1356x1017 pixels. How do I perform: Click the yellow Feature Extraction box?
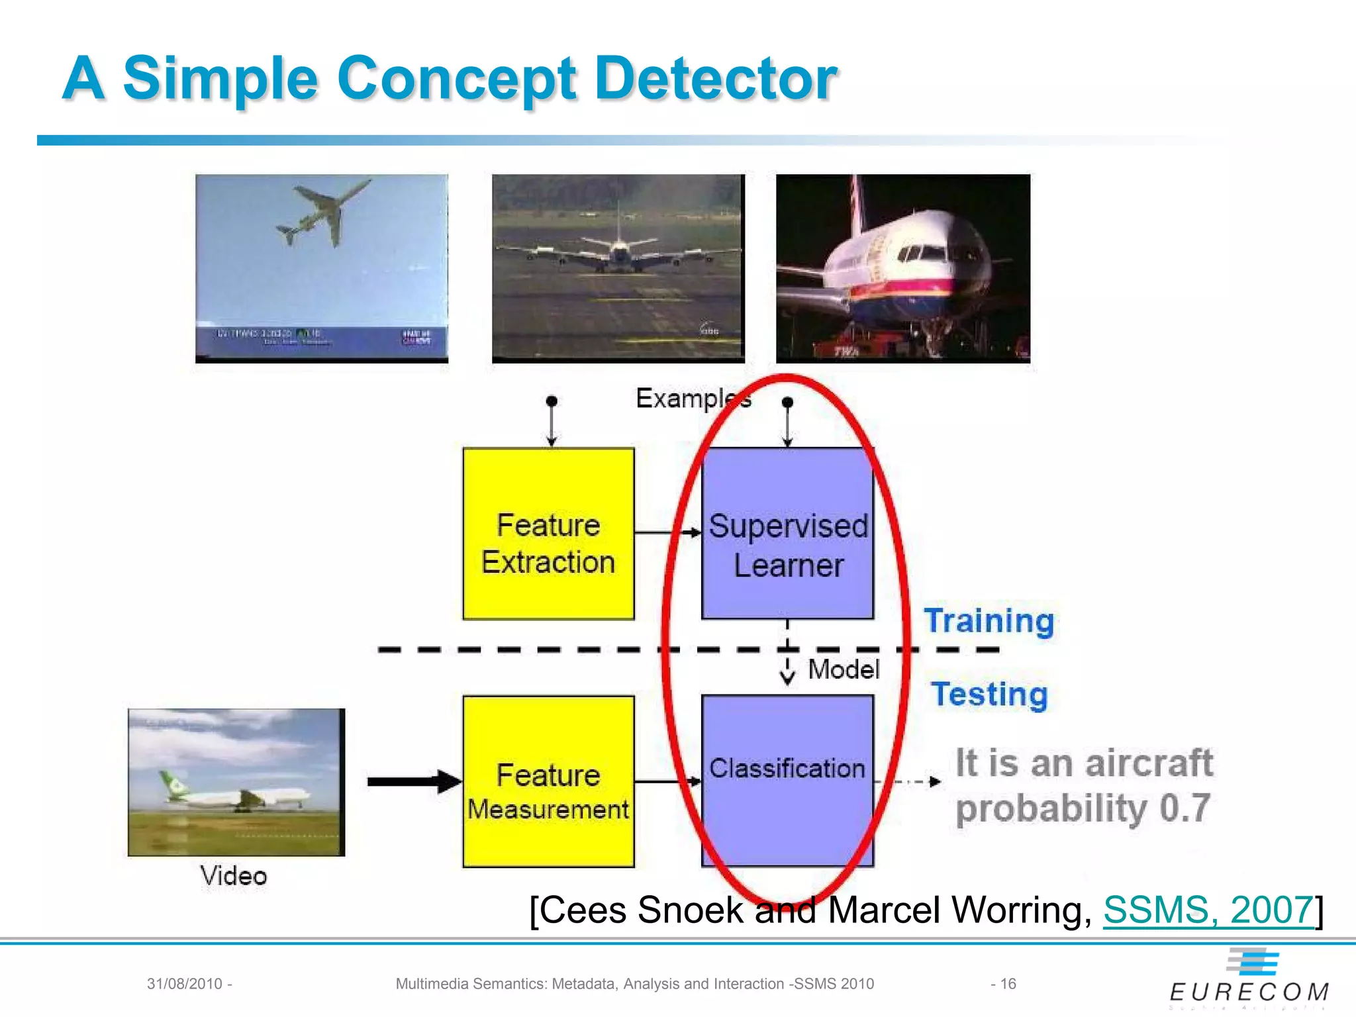(x=548, y=534)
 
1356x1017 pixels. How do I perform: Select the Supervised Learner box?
(x=787, y=534)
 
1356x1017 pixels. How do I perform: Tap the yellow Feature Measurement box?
(x=548, y=782)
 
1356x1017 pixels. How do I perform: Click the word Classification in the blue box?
(x=787, y=769)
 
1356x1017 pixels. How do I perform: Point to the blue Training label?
(x=989, y=621)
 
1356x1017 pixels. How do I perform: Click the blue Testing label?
(x=989, y=695)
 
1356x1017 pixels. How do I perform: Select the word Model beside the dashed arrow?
(x=844, y=669)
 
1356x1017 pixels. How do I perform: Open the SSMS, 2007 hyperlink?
(x=1208, y=910)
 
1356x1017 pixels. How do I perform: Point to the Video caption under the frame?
(x=234, y=876)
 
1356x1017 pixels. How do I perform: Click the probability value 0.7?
(x=1185, y=808)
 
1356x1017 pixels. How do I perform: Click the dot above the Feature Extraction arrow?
(x=552, y=401)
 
